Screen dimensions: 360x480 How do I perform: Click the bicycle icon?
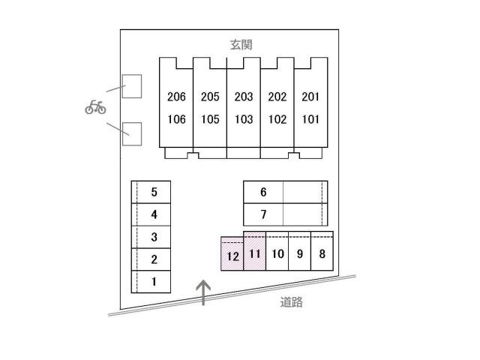point(95,107)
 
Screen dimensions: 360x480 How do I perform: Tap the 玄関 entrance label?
point(240,45)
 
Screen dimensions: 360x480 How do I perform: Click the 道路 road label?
point(292,303)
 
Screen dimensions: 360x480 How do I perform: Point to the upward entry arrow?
point(202,292)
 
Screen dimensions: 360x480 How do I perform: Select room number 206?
point(176,97)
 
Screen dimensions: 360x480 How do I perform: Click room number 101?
point(310,118)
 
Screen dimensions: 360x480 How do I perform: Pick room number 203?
point(244,97)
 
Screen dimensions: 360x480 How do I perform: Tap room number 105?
point(210,118)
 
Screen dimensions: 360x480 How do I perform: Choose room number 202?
point(277,97)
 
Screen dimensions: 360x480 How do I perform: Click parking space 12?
point(232,256)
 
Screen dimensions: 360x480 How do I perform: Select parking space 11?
point(255,253)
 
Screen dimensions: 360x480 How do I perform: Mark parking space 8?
point(322,253)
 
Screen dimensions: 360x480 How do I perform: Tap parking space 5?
point(153,192)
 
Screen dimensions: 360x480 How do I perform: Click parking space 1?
point(153,282)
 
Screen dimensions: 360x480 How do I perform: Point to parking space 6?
point(263,192)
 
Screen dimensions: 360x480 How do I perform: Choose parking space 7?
point(263,214)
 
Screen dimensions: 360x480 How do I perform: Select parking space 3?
point(153,237)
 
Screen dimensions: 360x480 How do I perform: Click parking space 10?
point(277,253)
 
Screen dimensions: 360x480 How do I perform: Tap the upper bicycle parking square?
point(132,86)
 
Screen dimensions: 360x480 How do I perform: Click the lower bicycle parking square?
point(132,133)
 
